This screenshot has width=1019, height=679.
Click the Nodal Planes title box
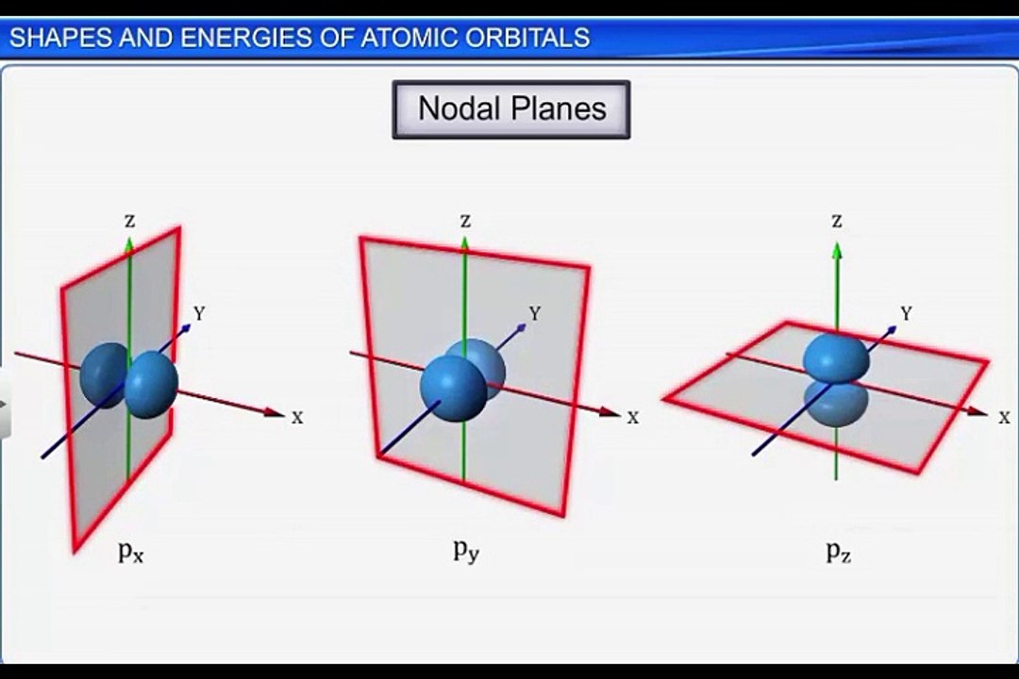click(x=510, y=109)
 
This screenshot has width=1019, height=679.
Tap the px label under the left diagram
click(x=131, y=552)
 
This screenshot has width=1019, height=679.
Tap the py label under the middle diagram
click(x=465, y=551)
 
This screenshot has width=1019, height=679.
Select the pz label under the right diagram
click(x=839, y=552)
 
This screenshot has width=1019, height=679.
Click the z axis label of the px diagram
click(x=129, y=221)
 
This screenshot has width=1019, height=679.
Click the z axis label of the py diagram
click(x=464, y=221)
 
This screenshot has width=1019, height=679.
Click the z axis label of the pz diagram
click(x=836, y=221)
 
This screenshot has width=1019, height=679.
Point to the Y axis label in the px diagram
click(x=200, y=313)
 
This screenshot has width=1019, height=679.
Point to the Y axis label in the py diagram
click(x=535, y=313)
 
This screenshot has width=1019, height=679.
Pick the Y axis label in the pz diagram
click(x=907, y=313)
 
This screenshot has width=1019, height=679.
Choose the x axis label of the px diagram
click(x=297, y=417)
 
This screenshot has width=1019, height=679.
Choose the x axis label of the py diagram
click(x=633, y=417)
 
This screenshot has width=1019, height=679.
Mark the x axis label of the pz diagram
click(x=1005, y=417)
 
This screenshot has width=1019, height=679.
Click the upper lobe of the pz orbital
click(x=835, y=356)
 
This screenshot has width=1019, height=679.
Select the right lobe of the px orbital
click(x=151, y=385)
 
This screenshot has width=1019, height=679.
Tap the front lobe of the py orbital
click(x=453, y=388)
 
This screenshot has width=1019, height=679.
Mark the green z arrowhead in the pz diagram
click(x=836, y=250)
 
